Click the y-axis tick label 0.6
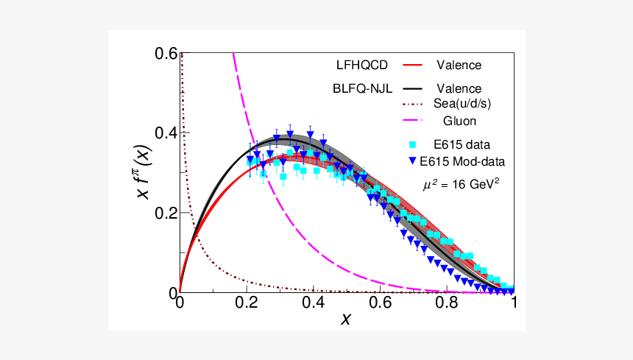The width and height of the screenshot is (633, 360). pos(166,54)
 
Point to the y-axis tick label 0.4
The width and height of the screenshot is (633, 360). pos(166,133)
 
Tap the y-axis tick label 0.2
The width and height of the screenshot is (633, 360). pos(166,213)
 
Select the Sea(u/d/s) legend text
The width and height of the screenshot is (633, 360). pos(462,104)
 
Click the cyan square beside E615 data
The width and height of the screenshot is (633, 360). pos(412,144)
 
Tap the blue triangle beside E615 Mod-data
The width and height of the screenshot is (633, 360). pos(412,160)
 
